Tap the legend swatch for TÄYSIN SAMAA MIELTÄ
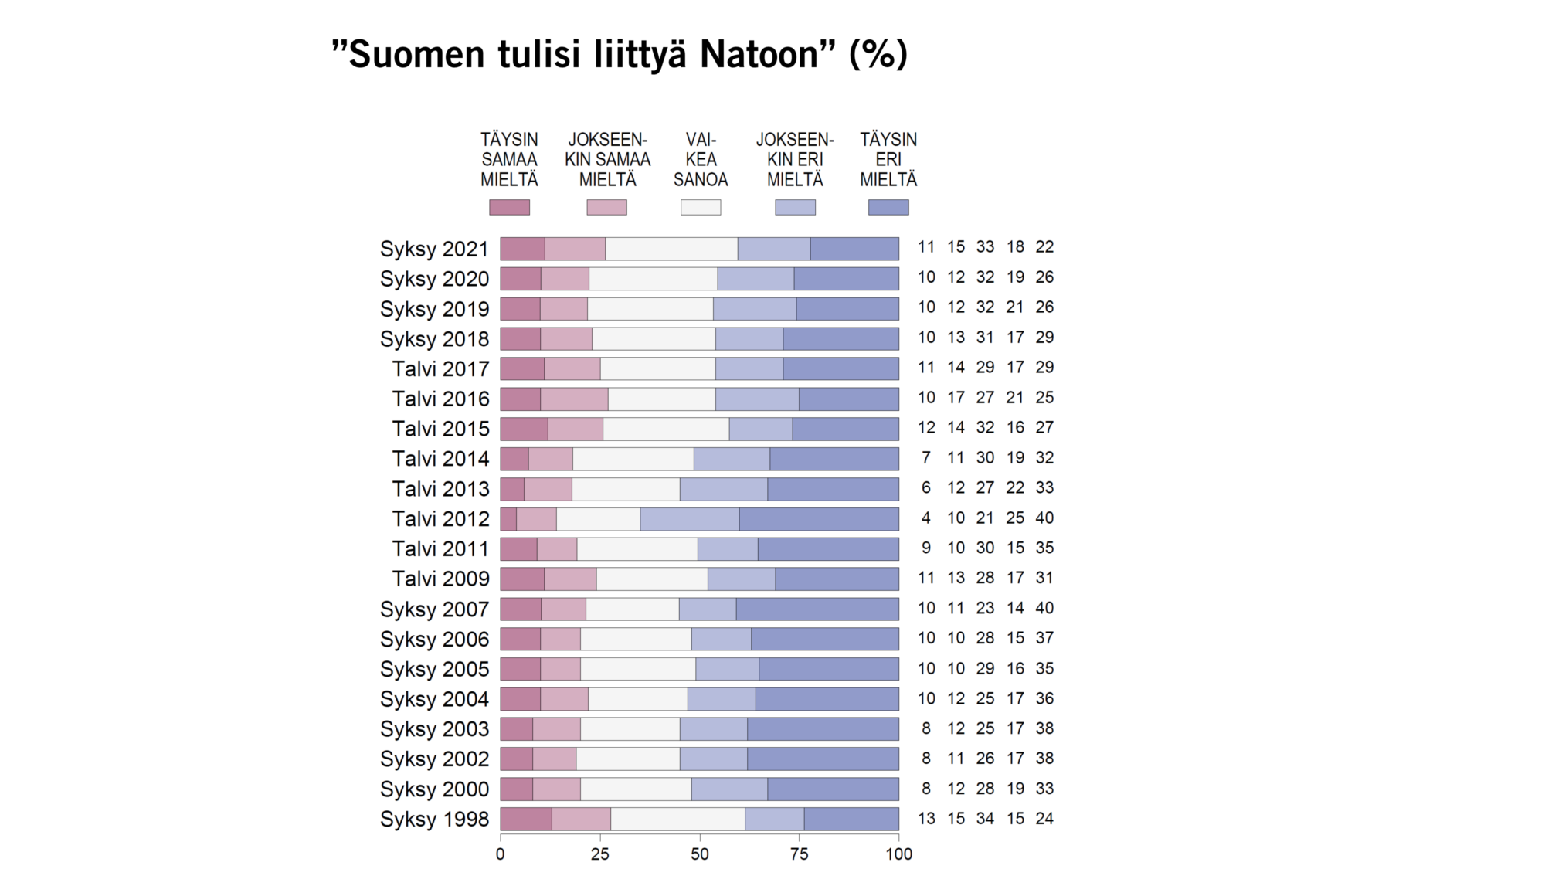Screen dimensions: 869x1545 [x=509, y=207]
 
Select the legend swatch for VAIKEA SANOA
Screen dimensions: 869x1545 [x=700, y=207]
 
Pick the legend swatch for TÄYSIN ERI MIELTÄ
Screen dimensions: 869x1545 [x=888, y=207]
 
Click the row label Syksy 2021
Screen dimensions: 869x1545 [x=434, y=249]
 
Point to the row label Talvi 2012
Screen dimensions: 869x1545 [x=440, y=518]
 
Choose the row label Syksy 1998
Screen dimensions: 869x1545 [x=434, y=819]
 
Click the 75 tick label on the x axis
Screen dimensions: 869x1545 [x=799, y=854]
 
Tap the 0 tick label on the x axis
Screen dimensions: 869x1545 [x=500, y=854]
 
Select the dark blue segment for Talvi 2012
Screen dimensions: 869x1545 [x=819, y=519]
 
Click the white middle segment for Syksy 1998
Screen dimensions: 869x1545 [x=677, y=819]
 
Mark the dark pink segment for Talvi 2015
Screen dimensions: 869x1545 [x=524, y=429]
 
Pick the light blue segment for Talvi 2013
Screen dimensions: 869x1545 [x=723, y=489]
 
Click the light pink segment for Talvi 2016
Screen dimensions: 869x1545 [x=574, y=399]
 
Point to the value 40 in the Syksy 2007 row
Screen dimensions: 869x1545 [x=1044, y=608]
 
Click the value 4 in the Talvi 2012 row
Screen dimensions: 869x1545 [x=925, y=518]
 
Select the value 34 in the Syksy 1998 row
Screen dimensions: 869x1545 [x=985, y=818]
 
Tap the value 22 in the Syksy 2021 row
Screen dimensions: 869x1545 [x=1044, y=246]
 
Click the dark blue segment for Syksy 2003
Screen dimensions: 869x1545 [x=823, y=729]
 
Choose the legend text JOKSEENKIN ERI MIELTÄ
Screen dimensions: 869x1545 [x=795, y=159]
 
